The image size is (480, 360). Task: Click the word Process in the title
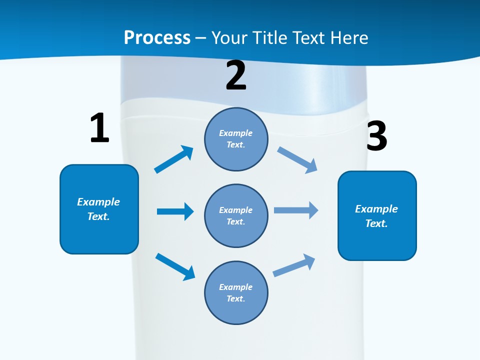[x=157, y=38]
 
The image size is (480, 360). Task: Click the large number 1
[x=99, y=128]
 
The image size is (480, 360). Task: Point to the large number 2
[x=236, y=75]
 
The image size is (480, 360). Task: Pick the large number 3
[x=376, y=136]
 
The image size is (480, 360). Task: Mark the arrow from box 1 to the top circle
[x=174, y=159]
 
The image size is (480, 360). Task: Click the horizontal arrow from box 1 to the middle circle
[x=175, y=211]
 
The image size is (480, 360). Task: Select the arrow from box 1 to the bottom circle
[x=175, y=266]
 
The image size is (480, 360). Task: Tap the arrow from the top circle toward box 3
[x=297, y=159]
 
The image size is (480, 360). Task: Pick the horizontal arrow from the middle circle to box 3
[x=296, y=210]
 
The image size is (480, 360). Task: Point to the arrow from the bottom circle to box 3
[x=294, y=265]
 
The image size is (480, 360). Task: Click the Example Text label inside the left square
[x=98, y=209]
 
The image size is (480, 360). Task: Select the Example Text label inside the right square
[x=376, y=216]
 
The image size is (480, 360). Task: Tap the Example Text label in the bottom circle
[x=236, y=292]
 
